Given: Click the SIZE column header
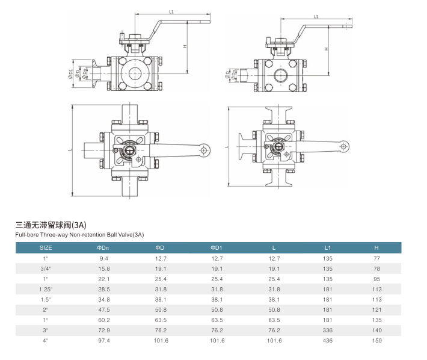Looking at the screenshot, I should click(46, 247).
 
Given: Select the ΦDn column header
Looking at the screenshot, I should click(103, 247).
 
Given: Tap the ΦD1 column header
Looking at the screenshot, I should click(217, 247).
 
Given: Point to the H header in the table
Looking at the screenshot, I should click(376, 247).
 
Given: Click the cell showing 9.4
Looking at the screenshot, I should click(103, 258).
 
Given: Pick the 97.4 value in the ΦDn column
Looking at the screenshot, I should click(103, 340).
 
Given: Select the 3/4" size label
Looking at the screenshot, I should click(46, 268).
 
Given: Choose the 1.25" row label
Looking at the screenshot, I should click(46, 289).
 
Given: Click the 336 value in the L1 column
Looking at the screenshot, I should click(328, 330).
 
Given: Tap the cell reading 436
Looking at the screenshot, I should click(328, 340).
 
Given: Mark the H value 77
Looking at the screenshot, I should click(376, 258).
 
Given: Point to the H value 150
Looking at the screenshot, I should click(376, 340).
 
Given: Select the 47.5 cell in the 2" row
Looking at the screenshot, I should click(103, 309).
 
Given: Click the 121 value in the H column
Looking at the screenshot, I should click(376, 309).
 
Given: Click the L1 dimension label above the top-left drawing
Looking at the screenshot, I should click(171, 11).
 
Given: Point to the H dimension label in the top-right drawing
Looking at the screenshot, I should click(326, 49).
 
